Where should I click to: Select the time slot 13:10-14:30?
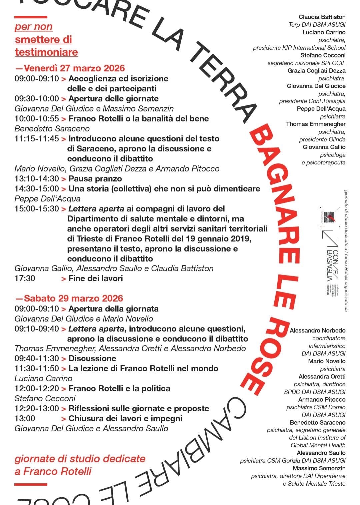pyautogui.click(x=37, y=179)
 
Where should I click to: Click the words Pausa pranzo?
pyautogui.click(x=95, y=179)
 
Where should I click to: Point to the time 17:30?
pyautogui.click(x=25, y=279)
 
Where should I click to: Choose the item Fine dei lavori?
pyautogui.click(x=96, y=279)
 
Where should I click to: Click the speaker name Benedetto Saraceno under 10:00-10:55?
pyautogui.click(x=52, y=128)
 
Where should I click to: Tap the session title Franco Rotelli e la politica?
pyautogui.click(x=119, y=389)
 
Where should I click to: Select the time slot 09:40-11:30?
pyautogui.click(x=37, y=359)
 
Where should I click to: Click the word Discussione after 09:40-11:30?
pyautogui.click(x=92, y=359)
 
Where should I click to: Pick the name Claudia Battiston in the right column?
pyautogui.click(x=322, y=17)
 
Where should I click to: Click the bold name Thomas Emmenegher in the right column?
pyautogui.click(x=316, y=124)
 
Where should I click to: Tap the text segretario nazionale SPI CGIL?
pyautogui.click(x=306, y=63)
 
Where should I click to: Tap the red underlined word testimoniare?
pyautogui.click(x=47, y=52)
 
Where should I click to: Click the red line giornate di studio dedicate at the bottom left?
pyautogui.click(x=80, y=459)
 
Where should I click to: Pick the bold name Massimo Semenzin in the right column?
pyautogui.click(x=319, y=468)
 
